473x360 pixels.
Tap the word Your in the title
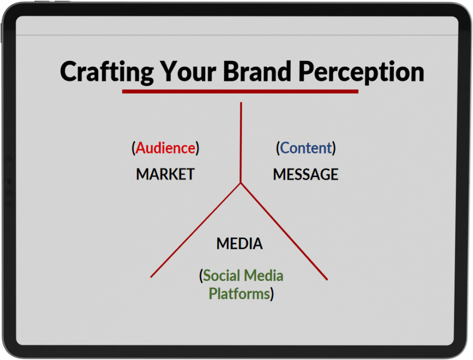point(188,71)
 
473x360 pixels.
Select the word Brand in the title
point(257,71)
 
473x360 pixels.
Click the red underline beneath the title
point(240,91)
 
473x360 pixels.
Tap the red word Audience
point(165,148)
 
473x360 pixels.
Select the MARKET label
point(165,174)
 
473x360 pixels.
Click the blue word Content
point(306,148)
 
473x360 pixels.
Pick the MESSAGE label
point(306,174)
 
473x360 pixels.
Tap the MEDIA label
point(240,244)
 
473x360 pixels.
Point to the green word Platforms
point(239,294)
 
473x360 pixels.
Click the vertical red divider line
point(241,143)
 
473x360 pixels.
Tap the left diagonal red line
point(195,230)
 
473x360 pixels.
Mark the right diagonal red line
point(284,232)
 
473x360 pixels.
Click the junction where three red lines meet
point(241,183)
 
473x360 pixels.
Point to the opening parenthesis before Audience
point(133,148)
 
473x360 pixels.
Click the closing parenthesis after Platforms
point(272,294)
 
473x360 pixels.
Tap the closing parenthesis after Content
point(334,148)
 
